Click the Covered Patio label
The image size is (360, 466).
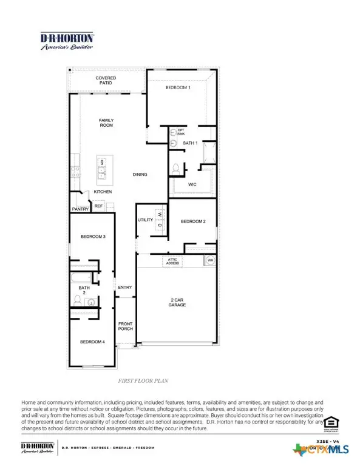(x=106, y=81)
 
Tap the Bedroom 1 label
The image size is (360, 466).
(x=178, y=88)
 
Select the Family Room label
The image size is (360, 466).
(x=106, y=123)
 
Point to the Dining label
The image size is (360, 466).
(x=140, y=175)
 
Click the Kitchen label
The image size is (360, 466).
(x=102, y=192)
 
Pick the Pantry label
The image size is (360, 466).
(x=80, y=209)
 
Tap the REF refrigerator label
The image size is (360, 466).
(x=98, y=206)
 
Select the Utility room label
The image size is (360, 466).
(x=144, y=220)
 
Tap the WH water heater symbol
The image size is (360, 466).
(x=210, y=261)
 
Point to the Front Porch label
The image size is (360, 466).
(x=125, y=326)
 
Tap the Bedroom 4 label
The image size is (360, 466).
(x=92, y=342)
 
